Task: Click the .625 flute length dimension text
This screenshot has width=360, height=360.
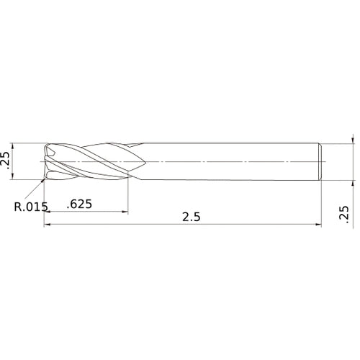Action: point(79,204)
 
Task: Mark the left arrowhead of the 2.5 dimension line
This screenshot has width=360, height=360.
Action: point(48,226)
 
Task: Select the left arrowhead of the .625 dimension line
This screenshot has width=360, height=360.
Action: point(48,212)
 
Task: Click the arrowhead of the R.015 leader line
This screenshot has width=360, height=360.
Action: point(42,181)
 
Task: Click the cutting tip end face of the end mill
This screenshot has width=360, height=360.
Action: point(48,162)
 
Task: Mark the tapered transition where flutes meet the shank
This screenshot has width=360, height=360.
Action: point(137,162)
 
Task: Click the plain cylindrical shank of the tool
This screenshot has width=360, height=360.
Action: point(230,162)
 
